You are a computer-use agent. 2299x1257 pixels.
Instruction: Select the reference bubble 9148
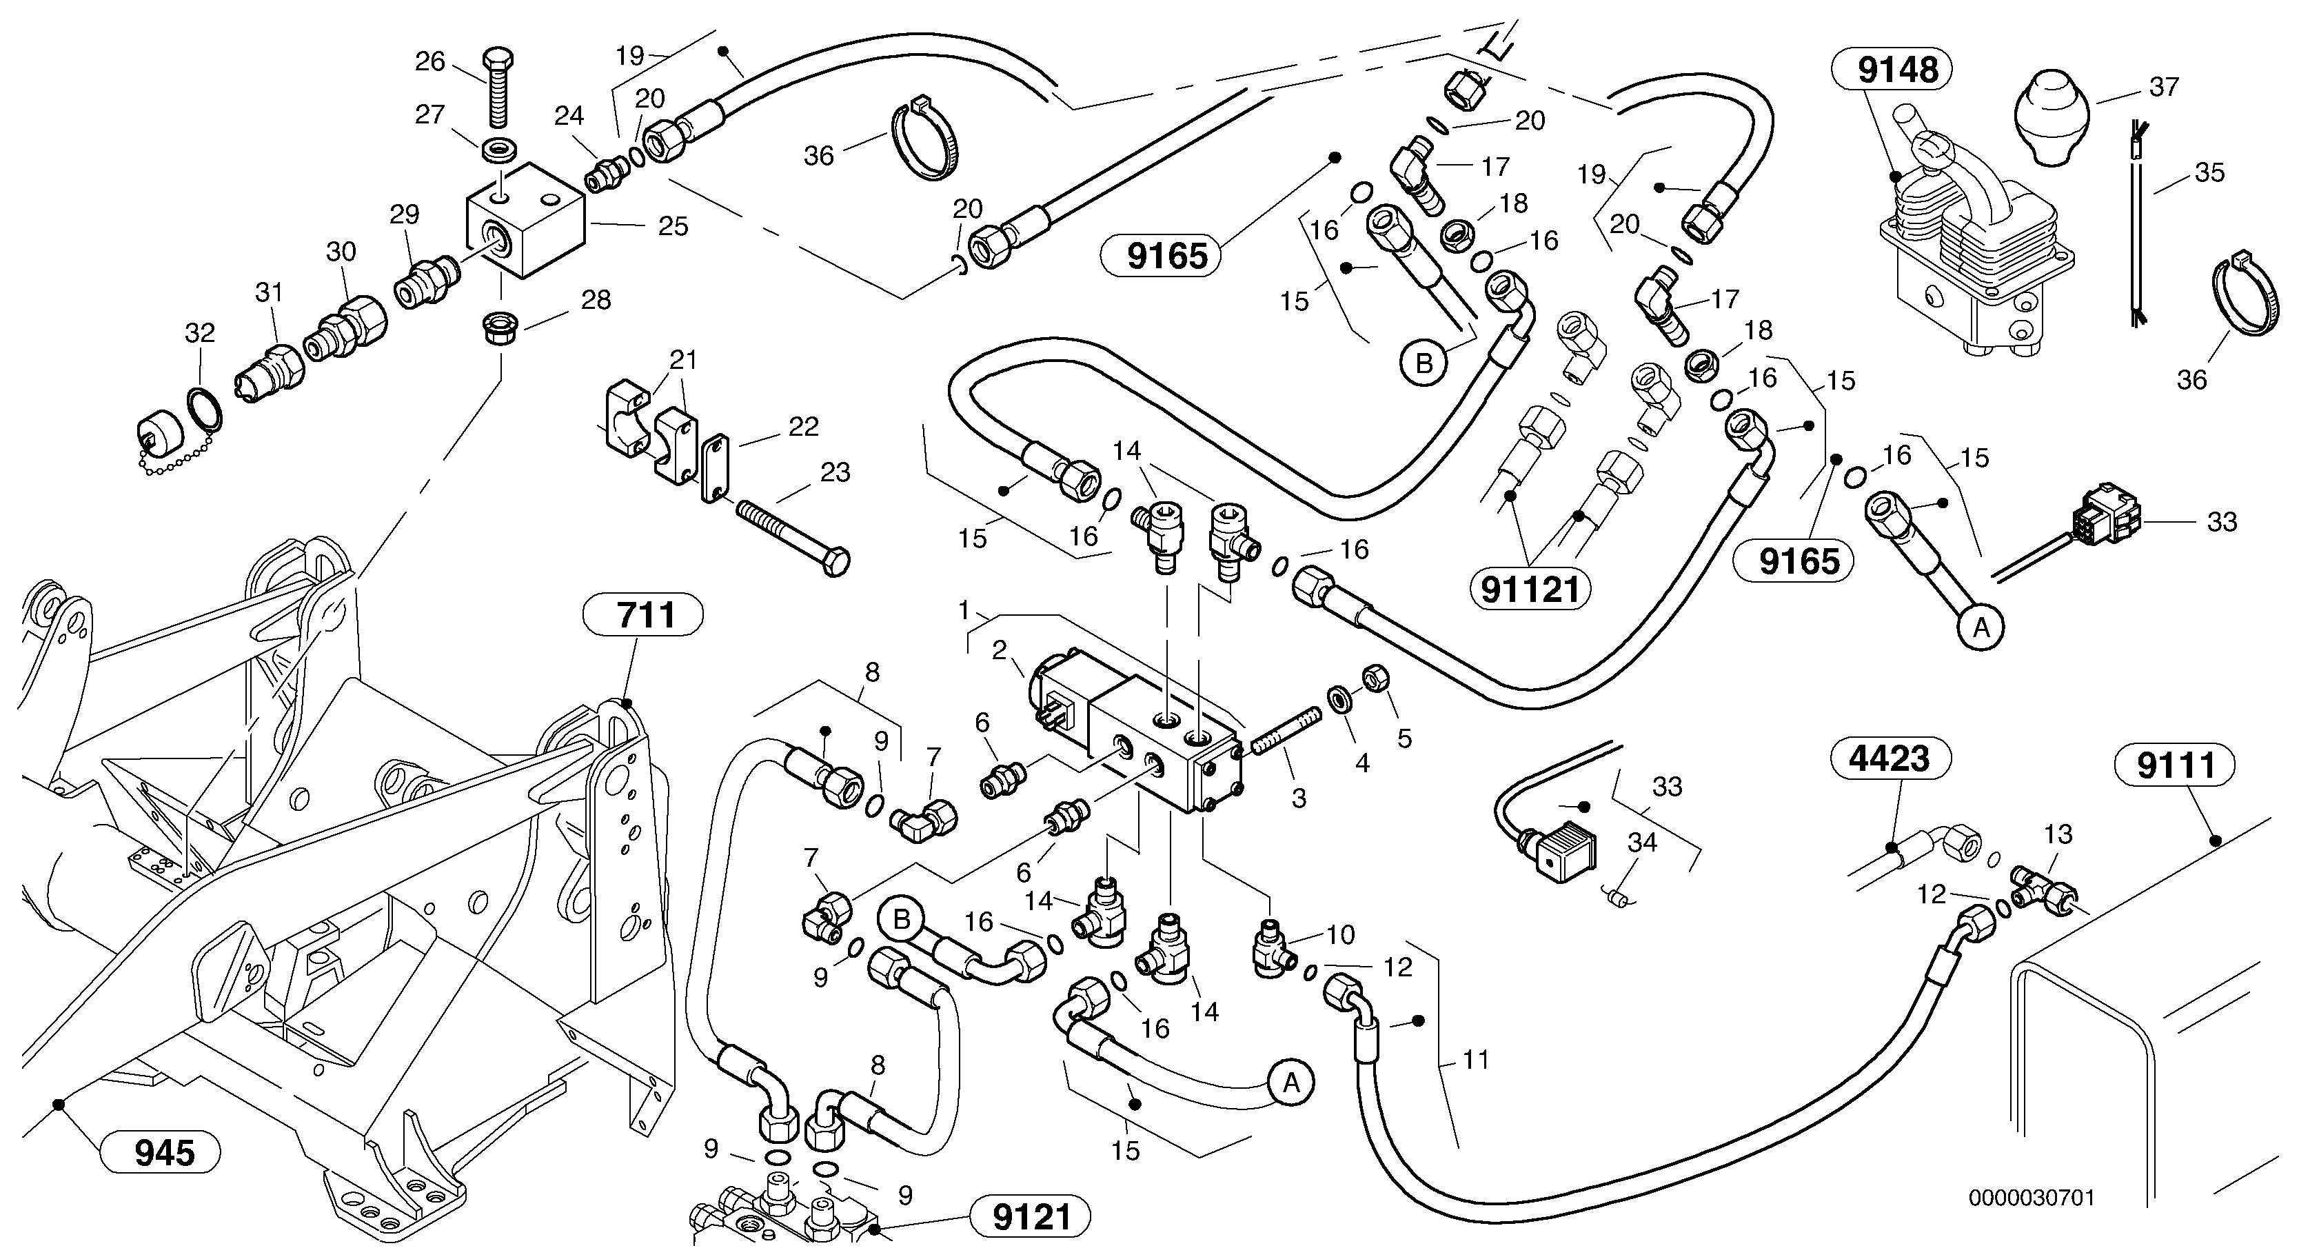point(1891,70)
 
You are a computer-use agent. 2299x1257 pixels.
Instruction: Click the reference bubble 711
point(642,615)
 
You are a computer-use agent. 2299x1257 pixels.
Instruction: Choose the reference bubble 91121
point(1530,590)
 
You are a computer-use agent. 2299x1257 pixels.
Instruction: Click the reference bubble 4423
point(1890,759)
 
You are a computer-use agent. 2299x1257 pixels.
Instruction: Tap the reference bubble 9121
point(1031,1217)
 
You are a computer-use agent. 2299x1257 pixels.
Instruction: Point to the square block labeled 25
point(527,221)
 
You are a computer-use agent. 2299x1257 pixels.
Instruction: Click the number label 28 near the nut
point(596,300)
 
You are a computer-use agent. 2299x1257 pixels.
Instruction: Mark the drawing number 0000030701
point(2030,1197)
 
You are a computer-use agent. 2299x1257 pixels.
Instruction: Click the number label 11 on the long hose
point(1476,1060)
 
